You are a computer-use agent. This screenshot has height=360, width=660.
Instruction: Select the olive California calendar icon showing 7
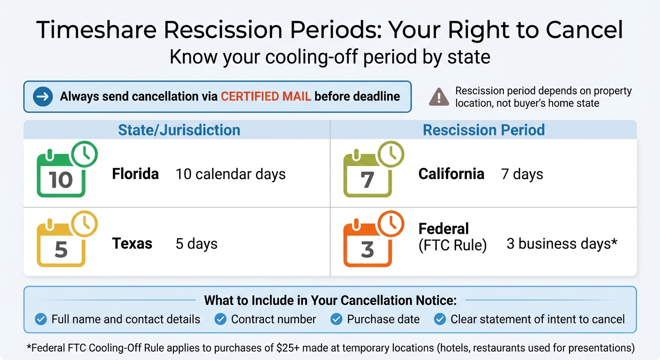click(368, 174)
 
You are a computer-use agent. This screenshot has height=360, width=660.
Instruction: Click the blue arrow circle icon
click(43, 97)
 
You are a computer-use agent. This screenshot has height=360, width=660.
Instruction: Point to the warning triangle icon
click(439, 97)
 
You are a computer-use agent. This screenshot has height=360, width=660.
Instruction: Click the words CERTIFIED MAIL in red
click(266, 97)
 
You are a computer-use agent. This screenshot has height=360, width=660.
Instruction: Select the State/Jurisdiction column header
click(179, 130)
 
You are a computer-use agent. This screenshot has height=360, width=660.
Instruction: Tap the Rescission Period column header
click(484, 130)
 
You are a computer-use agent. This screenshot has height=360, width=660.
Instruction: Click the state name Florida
click(135, 174)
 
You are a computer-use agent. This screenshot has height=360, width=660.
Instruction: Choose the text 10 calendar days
click(231, 174)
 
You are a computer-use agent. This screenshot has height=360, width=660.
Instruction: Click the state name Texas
click(132, 244)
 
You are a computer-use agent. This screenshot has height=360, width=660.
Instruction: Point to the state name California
click(451, 174)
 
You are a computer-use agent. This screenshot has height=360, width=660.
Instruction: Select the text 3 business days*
click(562, 244)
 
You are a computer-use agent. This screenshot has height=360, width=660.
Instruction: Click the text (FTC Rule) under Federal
click(452, 245)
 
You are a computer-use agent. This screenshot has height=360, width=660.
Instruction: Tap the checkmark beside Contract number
click(220, 319)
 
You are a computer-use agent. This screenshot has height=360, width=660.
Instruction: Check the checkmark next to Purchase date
click(336, 319)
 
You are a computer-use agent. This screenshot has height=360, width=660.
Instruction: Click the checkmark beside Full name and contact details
click(41, 319)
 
